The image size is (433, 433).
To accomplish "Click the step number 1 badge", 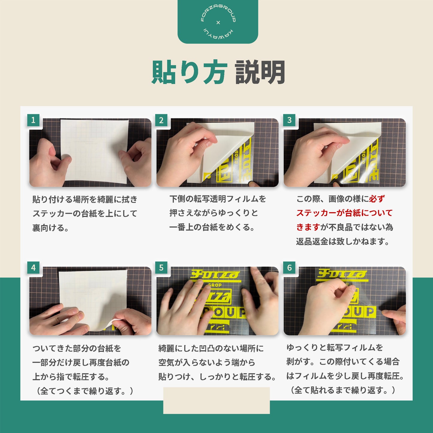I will pyautogui.click(x=33, y=120).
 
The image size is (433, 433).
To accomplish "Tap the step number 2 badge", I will pyautogui.click(x=161, y=120).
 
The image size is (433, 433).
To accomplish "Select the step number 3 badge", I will pyautogui.click(x=289, y=120).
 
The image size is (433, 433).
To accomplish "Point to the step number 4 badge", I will pyautogui.click(x=33, y=268).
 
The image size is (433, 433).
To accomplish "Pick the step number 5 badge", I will pyautogui.click(x=161, y=268).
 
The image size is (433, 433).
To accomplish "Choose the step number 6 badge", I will pyautogui.click(x=289, y=268).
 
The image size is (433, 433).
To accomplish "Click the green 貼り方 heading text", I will pyautogui.click(x=188, y=72).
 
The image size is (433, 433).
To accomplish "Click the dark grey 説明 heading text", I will pyautogui.click(x=260, y=72).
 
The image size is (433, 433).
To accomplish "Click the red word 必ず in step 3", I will pyautogui.click(x=377, y=199).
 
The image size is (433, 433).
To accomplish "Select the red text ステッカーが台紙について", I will pyautogui.click(x=344, y=213).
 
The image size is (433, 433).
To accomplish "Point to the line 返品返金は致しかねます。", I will pyautogui.click(x=343, y=241).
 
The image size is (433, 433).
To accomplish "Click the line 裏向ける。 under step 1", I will pyautogui.click(x=51, y=228).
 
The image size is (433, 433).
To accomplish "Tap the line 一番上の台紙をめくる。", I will pyautogui.click(x=212, y=227).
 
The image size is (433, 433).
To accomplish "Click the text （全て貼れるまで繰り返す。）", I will pyautogui.click(x=342, y=390).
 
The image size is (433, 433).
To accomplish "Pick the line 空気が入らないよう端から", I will pyautogui.click(x=207, y=362).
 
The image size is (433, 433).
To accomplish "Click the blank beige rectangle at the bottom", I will pyautogui.click(x=216, y=400).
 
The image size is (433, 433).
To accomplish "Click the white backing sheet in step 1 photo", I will pyautogui.click(x=94, y=151).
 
